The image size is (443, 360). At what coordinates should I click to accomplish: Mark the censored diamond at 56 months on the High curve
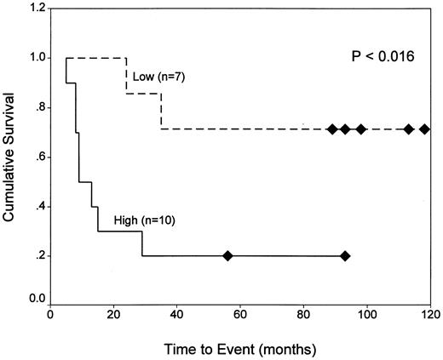point(227,255)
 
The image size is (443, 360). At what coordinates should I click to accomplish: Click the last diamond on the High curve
point(344,255)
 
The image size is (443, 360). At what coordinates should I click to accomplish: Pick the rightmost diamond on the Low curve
point(424,129)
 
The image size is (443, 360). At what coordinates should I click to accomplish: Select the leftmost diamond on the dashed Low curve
point(332,129)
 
